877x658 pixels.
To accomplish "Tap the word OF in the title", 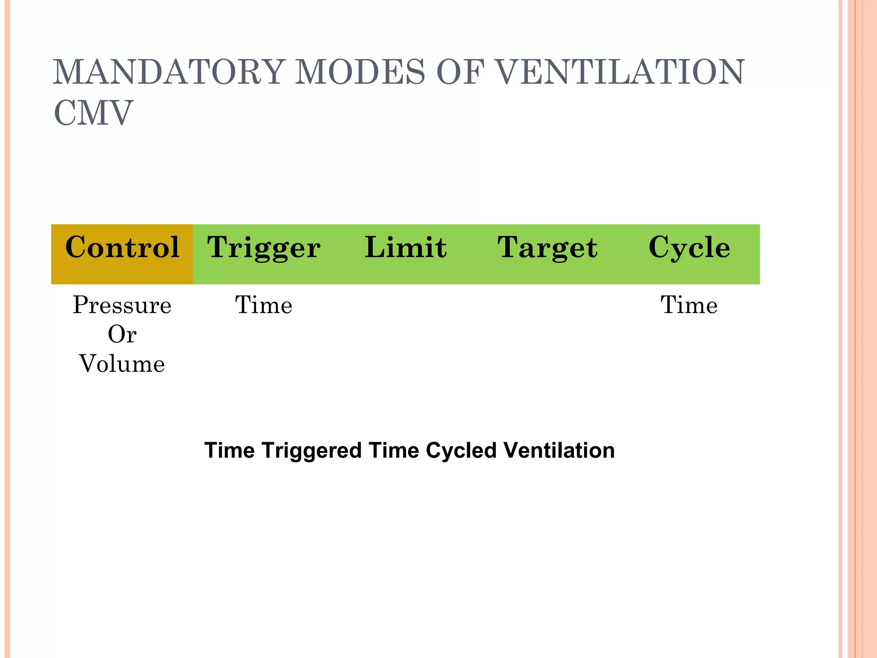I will (x=460, y=72).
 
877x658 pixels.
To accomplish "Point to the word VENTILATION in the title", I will (x=621, y=72).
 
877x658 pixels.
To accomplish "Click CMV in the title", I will (x=93, y=113).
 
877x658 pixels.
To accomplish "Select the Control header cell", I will (x=122, y=248).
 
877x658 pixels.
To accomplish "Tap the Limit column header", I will (x=406, y=248).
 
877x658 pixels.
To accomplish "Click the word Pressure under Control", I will (x=122, y=305).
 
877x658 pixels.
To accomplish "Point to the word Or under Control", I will (x=122, y=335).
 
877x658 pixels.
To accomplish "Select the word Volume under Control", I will (x=122, y=364).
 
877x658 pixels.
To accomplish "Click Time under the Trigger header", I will (x=263, y=305).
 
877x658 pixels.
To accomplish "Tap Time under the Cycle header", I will (x=689, y=305).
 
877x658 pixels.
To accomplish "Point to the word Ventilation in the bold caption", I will (x=559, y=450).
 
